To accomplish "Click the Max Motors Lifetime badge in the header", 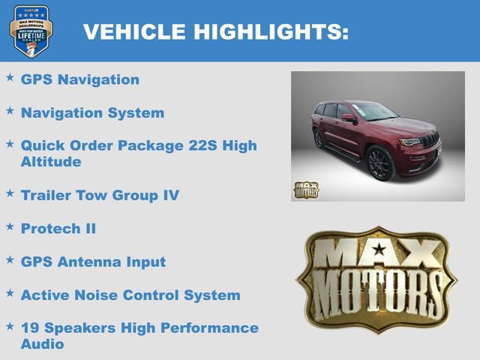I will pos(31,31).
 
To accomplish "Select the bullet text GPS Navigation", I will pos(80,79).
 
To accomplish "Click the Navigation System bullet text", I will pos(92,113).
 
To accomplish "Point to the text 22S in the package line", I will pos(197,145).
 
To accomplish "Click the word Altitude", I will pos(51,161).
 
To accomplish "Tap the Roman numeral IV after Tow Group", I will pos(170,195).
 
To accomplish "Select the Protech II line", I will pos(58,228).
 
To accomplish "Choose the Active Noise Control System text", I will pos(130,295).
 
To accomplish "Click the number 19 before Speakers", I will pos(30,328).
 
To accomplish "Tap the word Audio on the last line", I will pos(42,344).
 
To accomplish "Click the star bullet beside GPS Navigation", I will pos(10,77).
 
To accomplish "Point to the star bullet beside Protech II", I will pos(10,226).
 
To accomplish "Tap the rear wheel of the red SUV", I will pos(319,139).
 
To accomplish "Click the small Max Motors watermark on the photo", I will pos(306,190).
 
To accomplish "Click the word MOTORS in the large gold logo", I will pos(376,293).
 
